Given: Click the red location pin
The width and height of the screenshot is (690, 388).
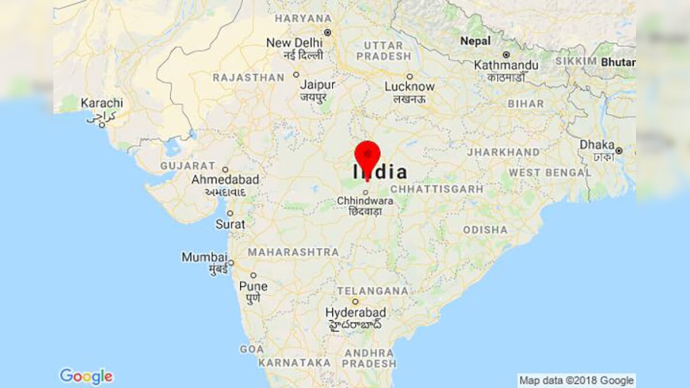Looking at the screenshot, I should (x=367, y=156).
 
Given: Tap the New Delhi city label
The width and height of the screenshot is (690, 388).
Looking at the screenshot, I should (x=294, y=43).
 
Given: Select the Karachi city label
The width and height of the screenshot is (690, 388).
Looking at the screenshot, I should (x=101, y=103).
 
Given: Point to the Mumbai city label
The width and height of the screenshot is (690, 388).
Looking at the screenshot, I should (x=204, y=257).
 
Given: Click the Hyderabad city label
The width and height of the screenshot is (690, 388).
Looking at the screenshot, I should (x=355, y=313).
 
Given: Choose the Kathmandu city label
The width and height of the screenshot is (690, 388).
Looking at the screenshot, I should (x=506, y=66).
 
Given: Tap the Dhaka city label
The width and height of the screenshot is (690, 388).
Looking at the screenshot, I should (x=597, y=145).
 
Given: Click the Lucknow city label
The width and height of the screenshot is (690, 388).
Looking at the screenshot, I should (x=409, y=87).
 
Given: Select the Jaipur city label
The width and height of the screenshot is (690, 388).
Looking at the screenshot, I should (x=317, y=84).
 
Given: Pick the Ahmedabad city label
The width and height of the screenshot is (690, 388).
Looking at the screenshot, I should (x=225, y=180).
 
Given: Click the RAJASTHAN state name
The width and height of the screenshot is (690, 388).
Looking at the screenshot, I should (x=248, y=77).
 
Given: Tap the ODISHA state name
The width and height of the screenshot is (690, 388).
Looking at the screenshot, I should (x=485, y=230).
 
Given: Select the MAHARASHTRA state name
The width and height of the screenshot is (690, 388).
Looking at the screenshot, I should (x=293, y=252).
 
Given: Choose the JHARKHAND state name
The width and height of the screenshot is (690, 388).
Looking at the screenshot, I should (x=503, y=152).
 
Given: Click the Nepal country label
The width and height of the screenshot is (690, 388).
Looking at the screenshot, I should (x=476, y=41).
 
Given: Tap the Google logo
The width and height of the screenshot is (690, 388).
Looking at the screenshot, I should (x=86, y=377).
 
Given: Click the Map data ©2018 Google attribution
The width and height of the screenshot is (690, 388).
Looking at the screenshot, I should (x=576, y=380).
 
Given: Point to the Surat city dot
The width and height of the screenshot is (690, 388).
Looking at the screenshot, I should (x=230, y=213).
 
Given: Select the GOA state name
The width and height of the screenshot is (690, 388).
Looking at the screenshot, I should (x=251, y=349).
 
